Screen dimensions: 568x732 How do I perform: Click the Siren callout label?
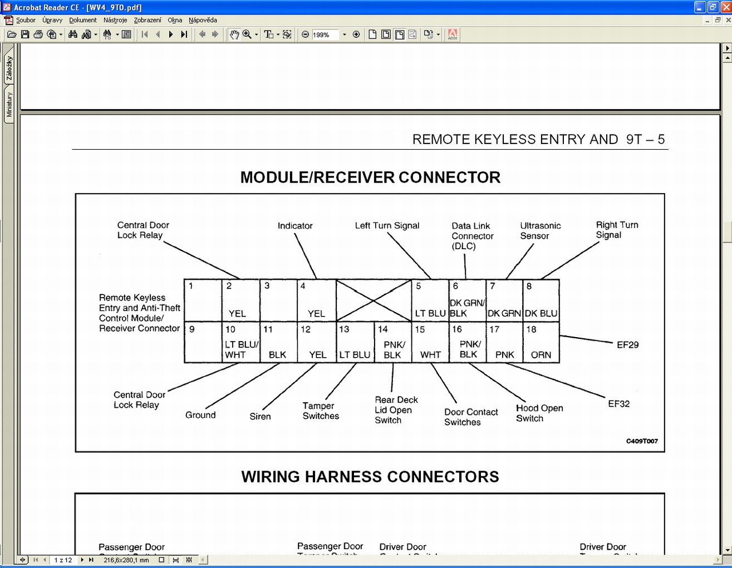(260, 416)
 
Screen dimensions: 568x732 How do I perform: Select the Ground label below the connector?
(200, 415)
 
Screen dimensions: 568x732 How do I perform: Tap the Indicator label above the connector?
(295, 226)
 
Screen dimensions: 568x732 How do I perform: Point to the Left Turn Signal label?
(387, 225)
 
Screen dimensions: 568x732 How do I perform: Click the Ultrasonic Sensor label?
(540, 230)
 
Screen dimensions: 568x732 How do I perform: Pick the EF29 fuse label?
(627, 345)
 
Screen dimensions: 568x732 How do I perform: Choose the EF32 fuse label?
(618, 404)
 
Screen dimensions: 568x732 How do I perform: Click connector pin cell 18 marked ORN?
(541, 343)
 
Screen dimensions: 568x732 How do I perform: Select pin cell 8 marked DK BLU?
(541, 300)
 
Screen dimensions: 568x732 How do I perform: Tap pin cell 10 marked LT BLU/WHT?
(241, 343)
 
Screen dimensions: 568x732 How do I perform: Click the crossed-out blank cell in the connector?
(374, 300)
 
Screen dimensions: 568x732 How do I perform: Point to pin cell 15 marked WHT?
(430, 343)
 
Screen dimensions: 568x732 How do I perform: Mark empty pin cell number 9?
(203, 343)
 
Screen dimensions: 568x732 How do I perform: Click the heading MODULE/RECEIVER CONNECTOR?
(370, 177)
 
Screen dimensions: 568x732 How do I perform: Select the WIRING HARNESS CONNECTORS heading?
(370, 477)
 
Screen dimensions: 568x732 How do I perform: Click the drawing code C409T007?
(642, 441)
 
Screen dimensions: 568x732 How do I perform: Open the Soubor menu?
(26, 20)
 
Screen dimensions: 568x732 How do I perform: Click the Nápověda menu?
(203, 20)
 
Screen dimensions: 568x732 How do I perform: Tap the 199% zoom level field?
(325, 34)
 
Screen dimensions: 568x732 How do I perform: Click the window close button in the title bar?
(725, 7)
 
